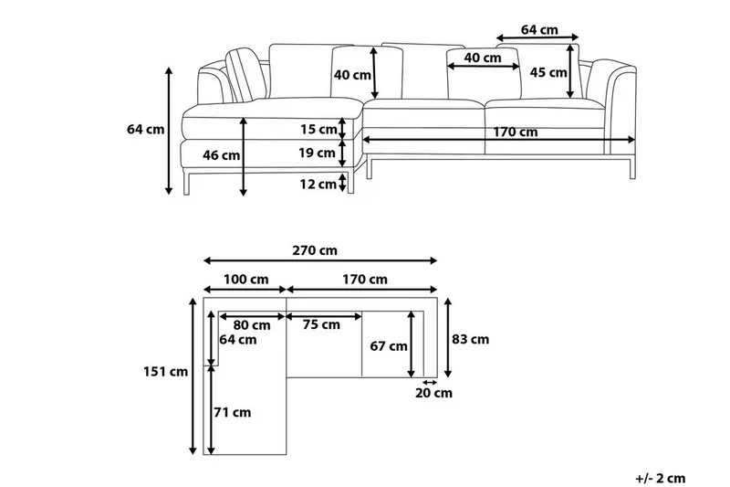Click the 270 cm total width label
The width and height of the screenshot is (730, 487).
coord(316,250)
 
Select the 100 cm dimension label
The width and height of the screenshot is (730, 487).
coord(245,279)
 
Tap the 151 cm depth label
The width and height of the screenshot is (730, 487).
coord(165,372)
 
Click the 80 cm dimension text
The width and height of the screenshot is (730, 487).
coord(251,324)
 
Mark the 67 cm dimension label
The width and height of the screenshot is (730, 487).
coord(389,346)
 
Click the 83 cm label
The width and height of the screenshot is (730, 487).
coord(471,339)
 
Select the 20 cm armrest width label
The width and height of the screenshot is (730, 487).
coord(433,394)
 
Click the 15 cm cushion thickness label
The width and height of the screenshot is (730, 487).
coord(318,129)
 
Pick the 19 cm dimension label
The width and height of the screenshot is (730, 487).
coord(318,153)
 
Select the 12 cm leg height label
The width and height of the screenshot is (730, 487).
coord(318,185)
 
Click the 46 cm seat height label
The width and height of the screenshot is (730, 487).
coord(221,155)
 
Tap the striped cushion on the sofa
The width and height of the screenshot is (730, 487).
coord(244,73)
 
